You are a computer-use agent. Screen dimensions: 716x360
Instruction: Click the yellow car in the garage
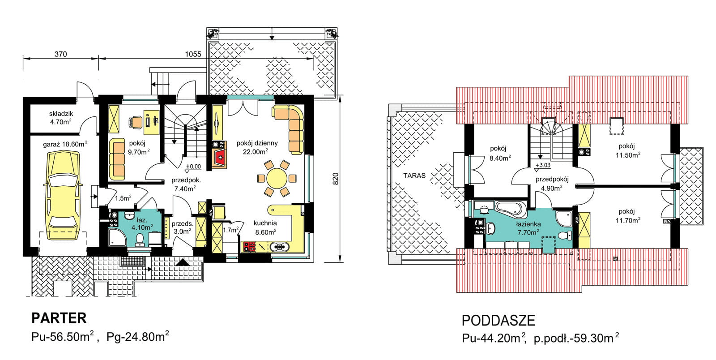pos(63,195)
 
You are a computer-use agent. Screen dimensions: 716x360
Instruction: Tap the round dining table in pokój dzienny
pos(277,178)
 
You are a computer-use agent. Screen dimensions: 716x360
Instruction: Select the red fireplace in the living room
pos(220,157)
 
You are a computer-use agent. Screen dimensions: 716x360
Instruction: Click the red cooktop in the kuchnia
pos(249,247)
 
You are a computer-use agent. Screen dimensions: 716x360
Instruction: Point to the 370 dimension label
pos(60,54)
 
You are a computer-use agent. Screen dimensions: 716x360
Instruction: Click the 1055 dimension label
pos(193,54)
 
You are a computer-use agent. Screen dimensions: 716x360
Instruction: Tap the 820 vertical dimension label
pos(335,179)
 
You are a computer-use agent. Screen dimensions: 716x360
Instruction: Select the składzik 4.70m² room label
pos(61,117)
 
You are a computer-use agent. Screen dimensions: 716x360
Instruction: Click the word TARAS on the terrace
pos(414,176)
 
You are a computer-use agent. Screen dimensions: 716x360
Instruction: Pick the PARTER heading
pos(59,318)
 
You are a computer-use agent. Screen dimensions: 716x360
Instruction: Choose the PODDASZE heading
pos(499,320)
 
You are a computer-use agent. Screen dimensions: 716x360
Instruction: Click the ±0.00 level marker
pos(193,166)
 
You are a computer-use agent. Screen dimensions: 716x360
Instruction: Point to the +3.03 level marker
pos(543,165)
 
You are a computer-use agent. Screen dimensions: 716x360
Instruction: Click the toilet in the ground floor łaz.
pos(140,240)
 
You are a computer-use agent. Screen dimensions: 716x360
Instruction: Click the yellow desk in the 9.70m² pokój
pos(152,122)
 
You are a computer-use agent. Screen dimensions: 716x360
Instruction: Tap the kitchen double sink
pos(279,247)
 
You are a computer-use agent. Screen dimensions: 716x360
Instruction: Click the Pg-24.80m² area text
pos(137,336)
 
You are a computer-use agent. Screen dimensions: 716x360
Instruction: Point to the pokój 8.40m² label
pos(499,153)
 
